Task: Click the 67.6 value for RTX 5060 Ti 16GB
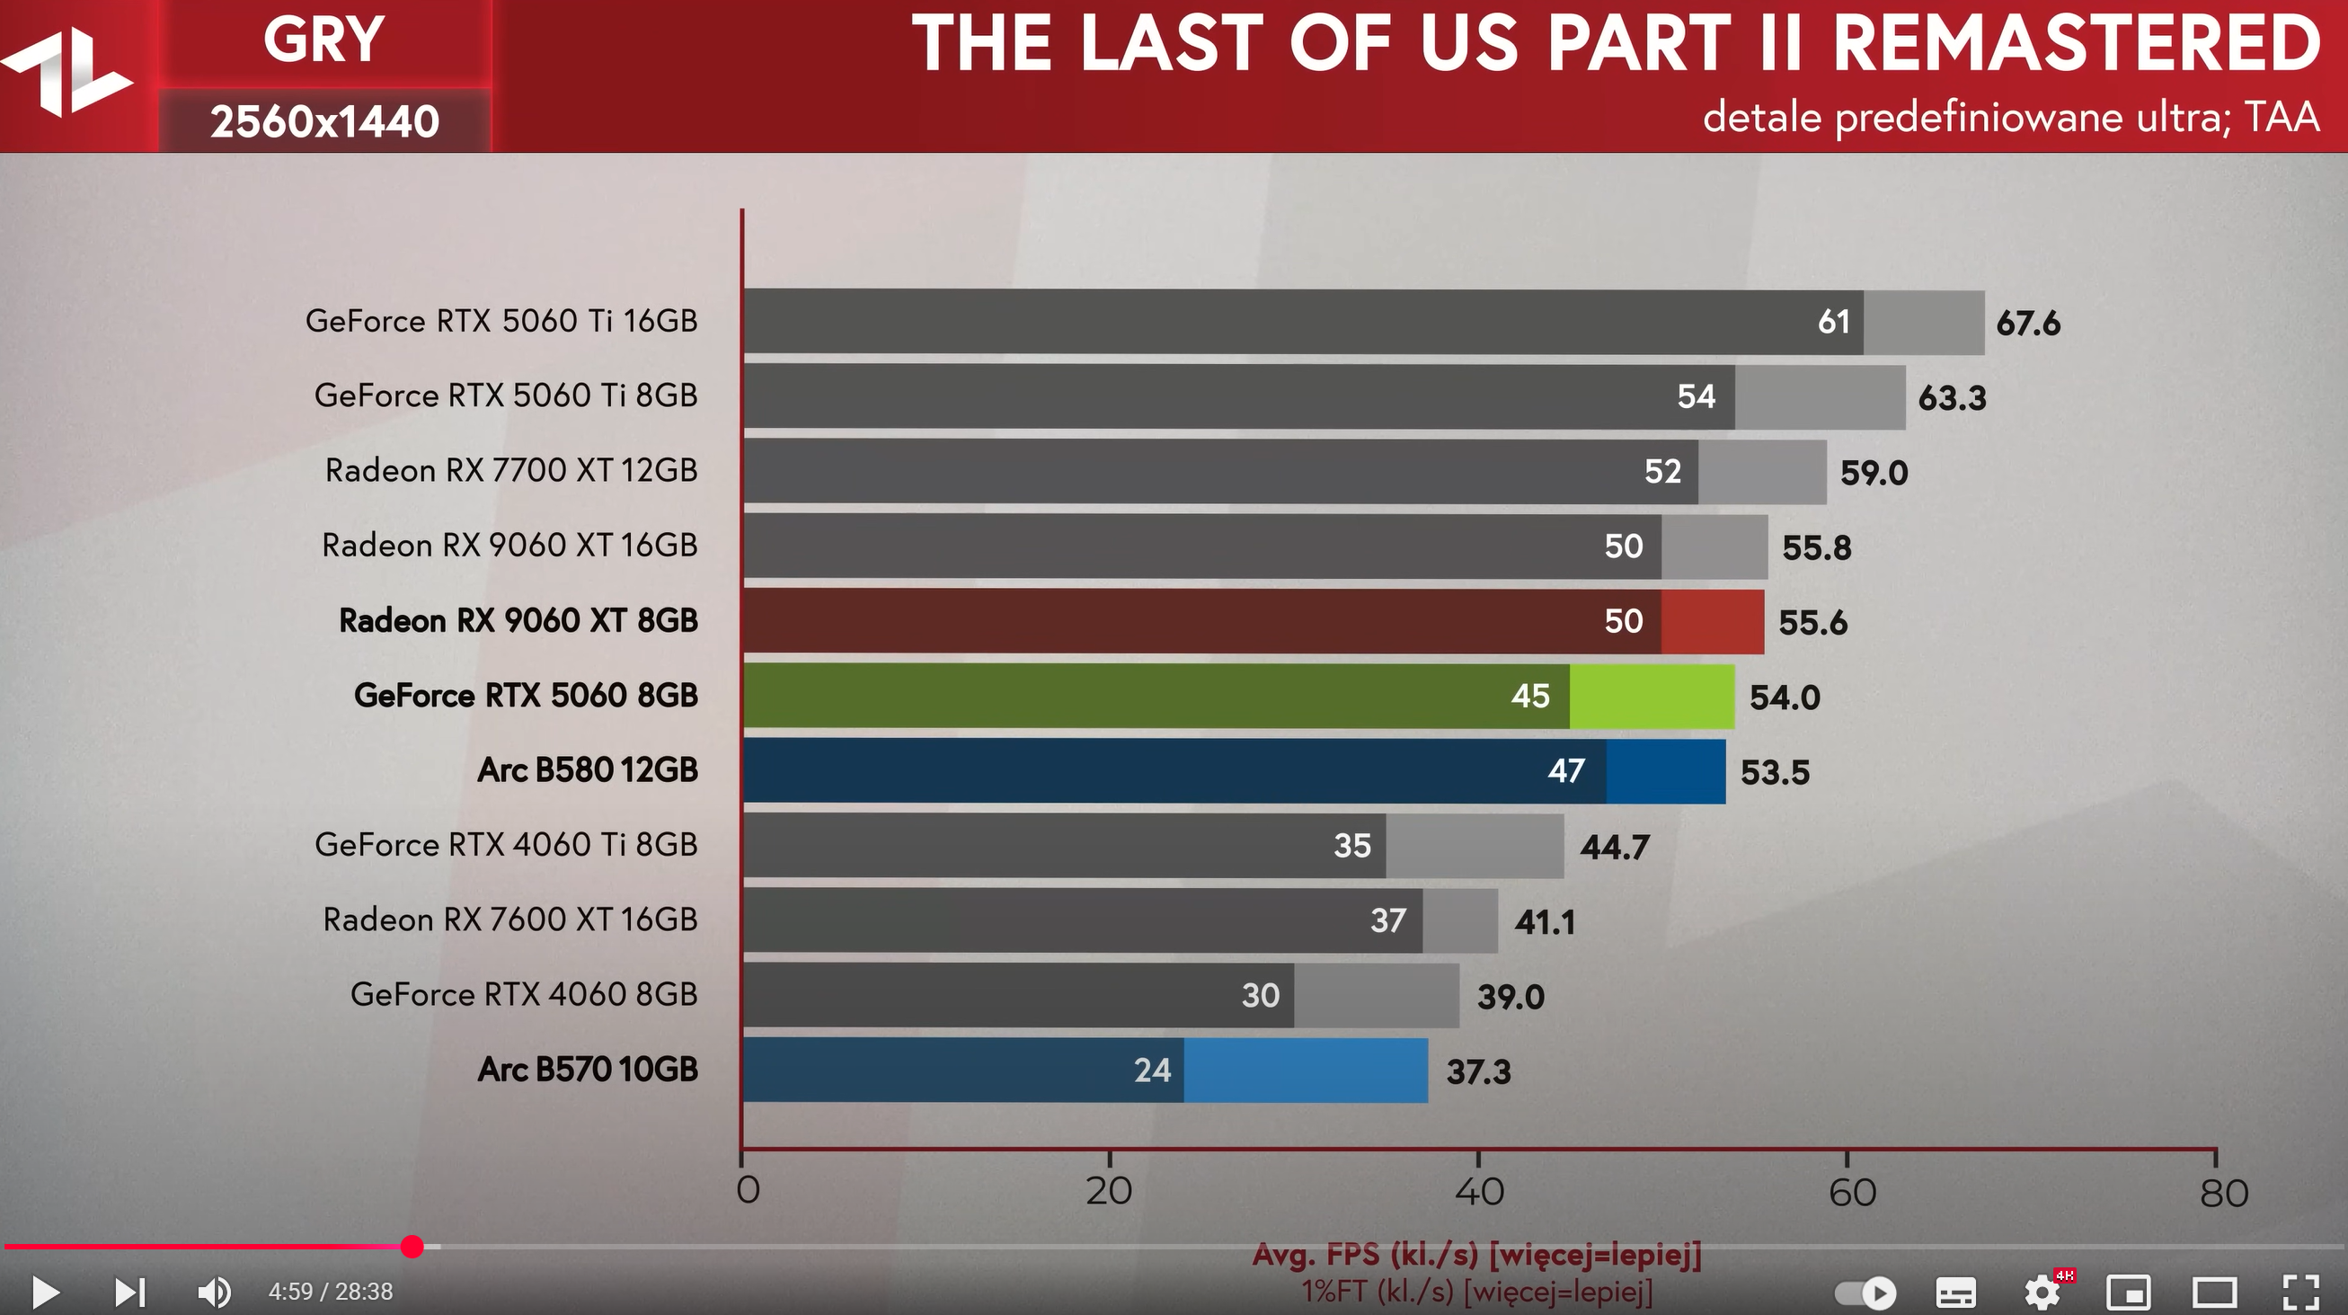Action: [x=2027, y=324]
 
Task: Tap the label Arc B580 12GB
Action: [x=587, y=770]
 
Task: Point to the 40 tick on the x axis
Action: [x=1478, y=1191]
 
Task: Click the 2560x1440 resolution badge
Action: [x=324, y=121]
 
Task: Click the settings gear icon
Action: [x=2042, y=1292]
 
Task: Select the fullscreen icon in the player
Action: [x=2300, y=1292]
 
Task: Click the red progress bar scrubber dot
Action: [x=412, y=1247]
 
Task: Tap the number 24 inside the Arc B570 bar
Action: [x=1152, y=1071]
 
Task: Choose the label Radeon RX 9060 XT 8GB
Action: [x=518, y=621]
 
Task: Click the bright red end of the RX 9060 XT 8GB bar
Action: [x=1712, y=621]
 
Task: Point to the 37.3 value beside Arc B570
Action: [x=1478, y=1072]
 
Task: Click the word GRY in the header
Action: [x=323, y=41]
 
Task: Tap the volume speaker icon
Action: [x=214, y=1292]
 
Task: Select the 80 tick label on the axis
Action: [x=2223, y=1193]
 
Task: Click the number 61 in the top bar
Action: [x=1833, y=322]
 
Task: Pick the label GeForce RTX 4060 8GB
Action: [x=523, y=994]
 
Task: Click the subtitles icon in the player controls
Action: [x=1956, y=1292]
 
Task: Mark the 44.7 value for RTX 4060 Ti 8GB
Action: [x=1614, y=849]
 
